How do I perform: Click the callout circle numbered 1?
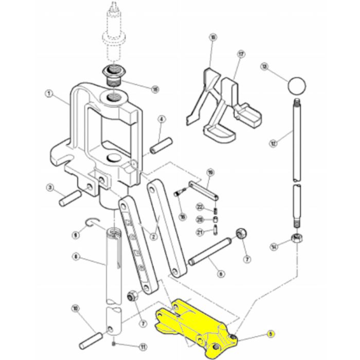pos(49,94)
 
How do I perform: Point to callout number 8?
pos(76,256)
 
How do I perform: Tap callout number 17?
pos(240,53)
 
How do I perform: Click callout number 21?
pos(200,232)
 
